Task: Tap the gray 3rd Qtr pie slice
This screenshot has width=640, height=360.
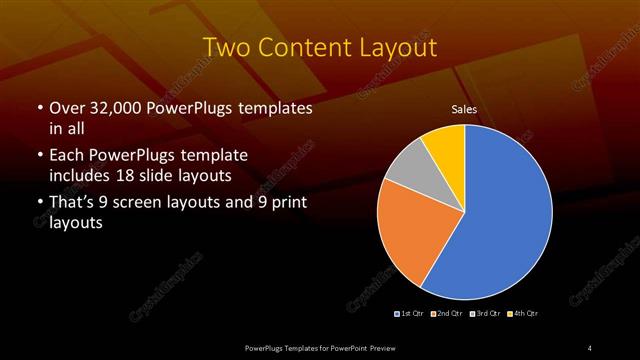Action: coord(406,171)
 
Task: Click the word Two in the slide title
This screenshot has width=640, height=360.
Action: coord(225,48)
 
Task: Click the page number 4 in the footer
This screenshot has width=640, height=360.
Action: coord(590,347)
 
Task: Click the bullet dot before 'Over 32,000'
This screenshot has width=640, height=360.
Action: coord(39,108)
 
